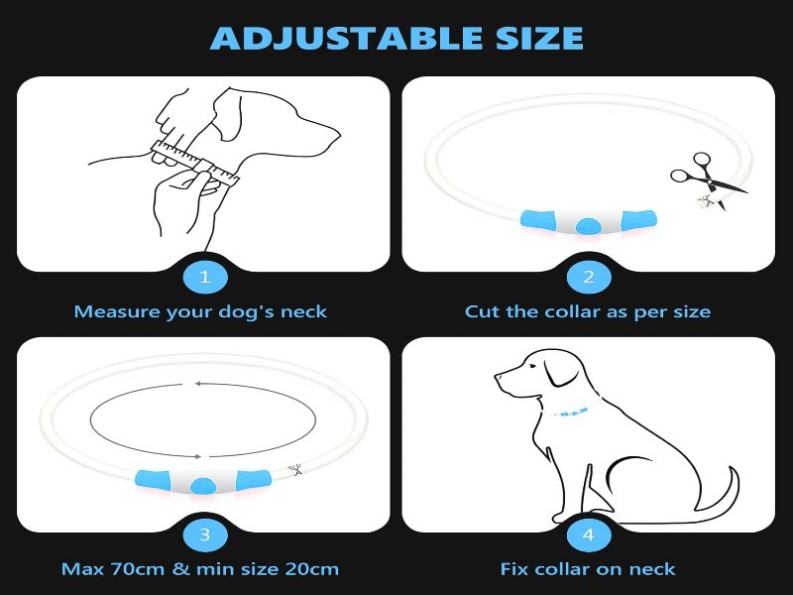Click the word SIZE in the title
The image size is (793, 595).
(539, 38)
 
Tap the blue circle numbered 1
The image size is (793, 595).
(205, 278)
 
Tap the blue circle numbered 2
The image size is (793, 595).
(588, 278)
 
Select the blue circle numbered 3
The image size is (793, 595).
(205, 535)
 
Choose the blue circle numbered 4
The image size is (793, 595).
(588, 535)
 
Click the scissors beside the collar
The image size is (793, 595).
(708, 179)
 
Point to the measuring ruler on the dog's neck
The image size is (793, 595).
(194, 162)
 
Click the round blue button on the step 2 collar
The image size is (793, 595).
(588, 225)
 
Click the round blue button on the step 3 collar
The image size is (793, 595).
(203, 485)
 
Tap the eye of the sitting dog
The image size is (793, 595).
(532, 367)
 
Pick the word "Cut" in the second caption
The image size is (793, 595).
(483, 311)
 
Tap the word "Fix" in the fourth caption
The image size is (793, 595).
(514, 569)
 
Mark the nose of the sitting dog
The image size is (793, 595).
(498, 377)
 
